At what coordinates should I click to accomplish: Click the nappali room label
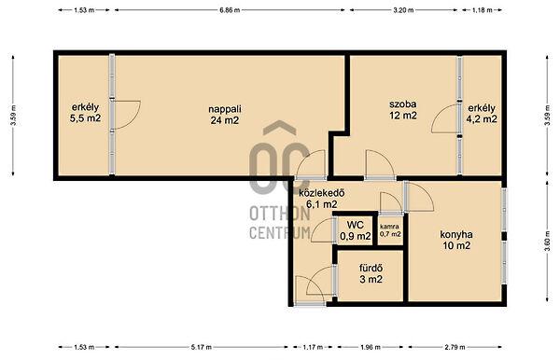pos(225,108)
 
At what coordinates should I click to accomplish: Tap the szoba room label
pos(403,104)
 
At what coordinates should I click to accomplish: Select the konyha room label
pos(456,234)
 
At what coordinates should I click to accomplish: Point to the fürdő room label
pos(371,268)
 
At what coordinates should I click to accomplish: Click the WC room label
pos(356,225)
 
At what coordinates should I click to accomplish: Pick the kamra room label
pos(389,227)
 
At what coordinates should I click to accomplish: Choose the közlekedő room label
pos(322,193)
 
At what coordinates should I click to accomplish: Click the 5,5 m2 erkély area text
pos(85,118)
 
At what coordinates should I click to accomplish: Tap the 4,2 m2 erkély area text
pos(482,118)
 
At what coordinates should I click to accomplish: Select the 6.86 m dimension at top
pos(230,10)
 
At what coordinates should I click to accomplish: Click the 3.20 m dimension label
pos(403,10)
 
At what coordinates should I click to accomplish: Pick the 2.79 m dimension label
pos(455,347)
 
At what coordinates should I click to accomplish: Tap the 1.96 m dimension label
pos(371,347)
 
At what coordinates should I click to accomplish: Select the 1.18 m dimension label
pos(483,10)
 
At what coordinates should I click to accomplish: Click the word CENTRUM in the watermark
pos(280,232)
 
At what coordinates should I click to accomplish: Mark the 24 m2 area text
pos(225,120)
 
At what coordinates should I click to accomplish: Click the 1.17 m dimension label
pos(313,347)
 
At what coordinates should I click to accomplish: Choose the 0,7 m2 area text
pos(390,234)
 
